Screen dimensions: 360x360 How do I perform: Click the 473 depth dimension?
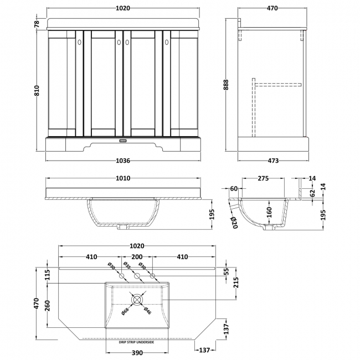[271, 161]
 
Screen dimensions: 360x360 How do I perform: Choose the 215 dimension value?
[236, 281]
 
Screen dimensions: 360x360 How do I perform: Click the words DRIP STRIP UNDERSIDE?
[136, 342]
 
